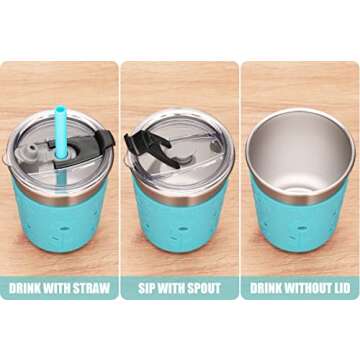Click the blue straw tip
point(60,108)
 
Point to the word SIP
point(144,288)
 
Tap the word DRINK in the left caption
point(23,288)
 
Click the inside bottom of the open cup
point(300,182)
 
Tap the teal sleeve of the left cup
point(60,223)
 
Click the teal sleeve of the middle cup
point(180,223)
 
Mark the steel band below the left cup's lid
point(60,196)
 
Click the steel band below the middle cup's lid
point(180,197)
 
